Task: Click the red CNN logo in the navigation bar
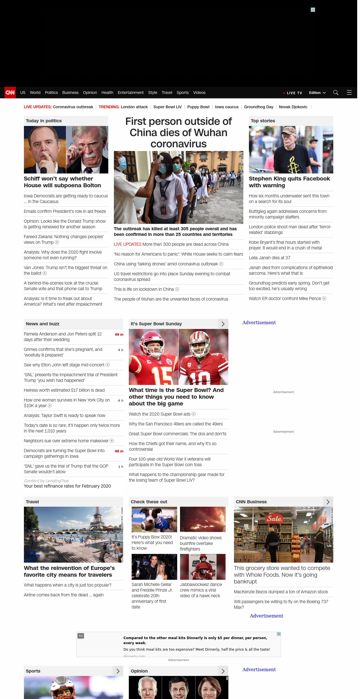pyautogui.click(x=10, y=93)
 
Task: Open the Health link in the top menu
pyautogui.click(x=107, y=93)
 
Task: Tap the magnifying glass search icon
pyautogui.click(x=336, y=93)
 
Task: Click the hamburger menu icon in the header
pyautogui.click(x=349, y=93)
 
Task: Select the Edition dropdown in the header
pyautogui.click(x=317, y=93)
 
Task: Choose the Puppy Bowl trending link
pyautogui.click(x=198, y=107)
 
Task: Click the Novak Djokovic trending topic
pyautogui.click(x=293, y=107)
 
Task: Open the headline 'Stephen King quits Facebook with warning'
pyautogui.click(x=289, y=182)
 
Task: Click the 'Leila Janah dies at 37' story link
pyautogui.click(x=269, y=258)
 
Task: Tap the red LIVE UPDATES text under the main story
pyautogui.click(x=127, y=244)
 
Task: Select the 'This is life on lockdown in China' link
pyautogui.click(x=144, y=289)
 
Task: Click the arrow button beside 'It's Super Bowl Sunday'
pyautogui.click(x=223, y=324)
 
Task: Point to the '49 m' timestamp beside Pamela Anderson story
pyautogui.click(x=119, y=335)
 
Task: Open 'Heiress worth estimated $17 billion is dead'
pyautogui.click(x=64, y=390)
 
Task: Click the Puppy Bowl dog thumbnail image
pyautogui.click(x=154, y=519)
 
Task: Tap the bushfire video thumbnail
pyautogui.click(x=203, y=519)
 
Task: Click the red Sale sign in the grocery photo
pyautogui.click(x=274, y=518)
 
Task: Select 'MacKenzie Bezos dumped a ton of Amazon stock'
pyautogui.click(x=281, y=592)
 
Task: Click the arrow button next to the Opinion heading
pyautogui.click(x=223, y=671)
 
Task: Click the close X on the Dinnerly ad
pyautogui.click(x=279, y=634)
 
